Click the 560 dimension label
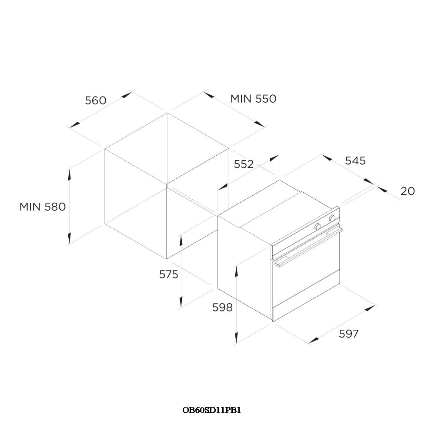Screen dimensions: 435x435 pyautogui.click(x=96, y=100)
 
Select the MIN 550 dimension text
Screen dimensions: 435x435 pyautogui.click(x=253, y=99)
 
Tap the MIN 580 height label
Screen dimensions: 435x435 pyautogui.click(x=43, y=207)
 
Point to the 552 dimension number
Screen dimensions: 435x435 pyautogui.click(x=244, y=164)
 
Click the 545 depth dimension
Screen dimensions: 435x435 pyautogui.click(x=355, y=161)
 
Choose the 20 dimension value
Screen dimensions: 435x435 pyautogui.click(x=408, y=191)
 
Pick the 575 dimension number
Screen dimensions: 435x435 pyautogui.click(x=169, y=274)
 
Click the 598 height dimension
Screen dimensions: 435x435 pyautogui.click(x=222, y=308)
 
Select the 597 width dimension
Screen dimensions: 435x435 pyautogui.click(x=349, y=334)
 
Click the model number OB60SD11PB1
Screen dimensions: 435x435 pyautogui.click(x=212, y=410)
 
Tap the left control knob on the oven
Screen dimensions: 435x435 pyautogui.click(x=318, y=226)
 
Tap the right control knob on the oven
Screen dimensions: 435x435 pyautogui.click(x=332, y=218)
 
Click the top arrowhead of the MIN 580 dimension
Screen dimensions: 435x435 pyautogui.click(x=69, y=175)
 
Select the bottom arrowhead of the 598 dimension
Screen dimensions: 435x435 pyautogui.click(x=236, y=338)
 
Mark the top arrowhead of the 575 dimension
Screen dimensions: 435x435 pyautogui.click(x=181, y=240)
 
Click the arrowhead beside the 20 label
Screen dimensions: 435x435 pyautogui.click(x=382, y=189)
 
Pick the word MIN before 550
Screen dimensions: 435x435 pyautogui.click(x=241, y=99)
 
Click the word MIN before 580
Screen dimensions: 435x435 pyautogui.click(x=30, y=207)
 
